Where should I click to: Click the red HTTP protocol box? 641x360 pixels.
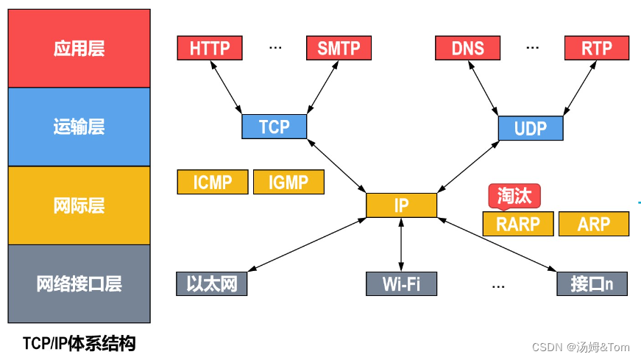click(x=210, y=49)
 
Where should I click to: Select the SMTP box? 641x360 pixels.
click(x=339, y=49)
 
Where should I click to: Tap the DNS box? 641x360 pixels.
click(x=468, y=49)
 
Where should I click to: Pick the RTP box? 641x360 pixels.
click(x=597, y=49)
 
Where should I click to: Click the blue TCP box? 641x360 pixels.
click(x=275, y=127)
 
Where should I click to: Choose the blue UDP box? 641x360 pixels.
click(x=531, y=128)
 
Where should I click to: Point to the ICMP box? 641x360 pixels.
click(x=212, y=183)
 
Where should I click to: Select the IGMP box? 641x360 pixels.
click(x=288, y=183)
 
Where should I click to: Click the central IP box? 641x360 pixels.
click(x=401, y=205)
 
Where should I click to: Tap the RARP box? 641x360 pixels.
click(x=517, y=225)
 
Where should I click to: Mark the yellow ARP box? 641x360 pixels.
click(x=593, y=225)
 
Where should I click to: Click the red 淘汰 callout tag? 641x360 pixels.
click(x=515, y=196)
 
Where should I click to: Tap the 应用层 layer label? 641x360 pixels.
click(x=79, y=49)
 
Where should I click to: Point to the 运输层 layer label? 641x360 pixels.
click(x=79, y=127)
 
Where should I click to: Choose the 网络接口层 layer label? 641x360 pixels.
click(x=79, y=283)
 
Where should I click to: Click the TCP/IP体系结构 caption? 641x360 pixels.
click(x=79, y=344)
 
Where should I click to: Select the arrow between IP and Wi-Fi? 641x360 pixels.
click(x=401, y=244)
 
